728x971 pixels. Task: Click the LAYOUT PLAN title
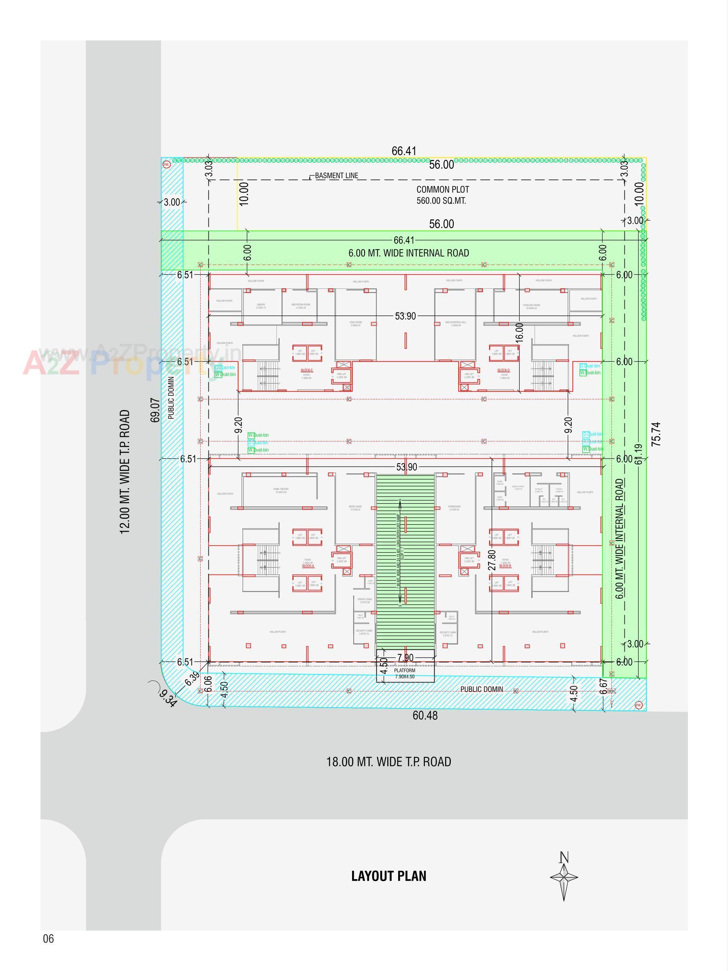coord(388,876)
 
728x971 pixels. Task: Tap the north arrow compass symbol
coord(564,877)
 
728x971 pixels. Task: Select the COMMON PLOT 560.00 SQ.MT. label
coord(442,195)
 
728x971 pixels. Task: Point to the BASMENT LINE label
coord(336,176)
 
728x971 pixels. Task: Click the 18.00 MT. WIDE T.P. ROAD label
coord(388,761)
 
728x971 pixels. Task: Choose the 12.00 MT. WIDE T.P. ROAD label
coord(125,472)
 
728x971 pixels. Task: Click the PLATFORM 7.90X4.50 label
coord(405,674)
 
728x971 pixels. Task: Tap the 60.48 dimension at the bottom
coord(425,716)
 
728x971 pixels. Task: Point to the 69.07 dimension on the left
coord(155,410)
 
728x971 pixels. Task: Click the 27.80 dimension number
coord(492,560)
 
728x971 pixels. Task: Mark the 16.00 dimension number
coord(520,333)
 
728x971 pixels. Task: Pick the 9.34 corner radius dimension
coord(168,698)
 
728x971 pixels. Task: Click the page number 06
coord(48,939)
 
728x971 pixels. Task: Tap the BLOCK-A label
coord(308,566)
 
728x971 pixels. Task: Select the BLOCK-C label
coord(307,371)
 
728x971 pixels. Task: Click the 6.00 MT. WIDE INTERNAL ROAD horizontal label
coord(408,253)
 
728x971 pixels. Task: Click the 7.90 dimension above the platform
coord(405,658)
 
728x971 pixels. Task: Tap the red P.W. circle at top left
coord(166,165)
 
